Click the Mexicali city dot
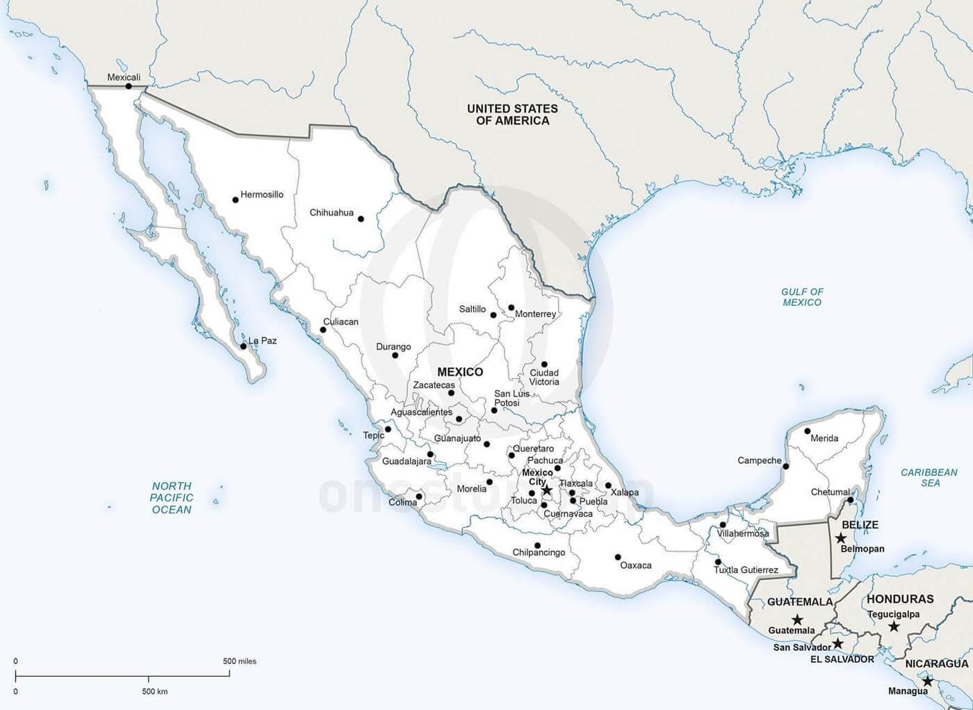(129, 86)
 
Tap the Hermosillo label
(261, 195)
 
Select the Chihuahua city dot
(361, 219)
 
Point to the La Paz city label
(263, 341)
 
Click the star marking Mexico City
(546, 490)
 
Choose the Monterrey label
(535, 314)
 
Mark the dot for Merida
(807, 430)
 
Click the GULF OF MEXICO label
(801, 297)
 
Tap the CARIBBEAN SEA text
(929, 478)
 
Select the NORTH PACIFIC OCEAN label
(172, 498)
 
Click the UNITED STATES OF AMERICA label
(512, 115)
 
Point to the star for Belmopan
(841, 538)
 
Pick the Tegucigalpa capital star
(894, 627)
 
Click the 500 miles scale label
(239, 661)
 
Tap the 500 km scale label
(154, 691)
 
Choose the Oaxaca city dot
(617, 557)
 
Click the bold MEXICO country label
(460, 372)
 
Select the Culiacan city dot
(322, 330)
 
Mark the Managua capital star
(928, 681)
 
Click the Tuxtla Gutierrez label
(746, 570)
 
